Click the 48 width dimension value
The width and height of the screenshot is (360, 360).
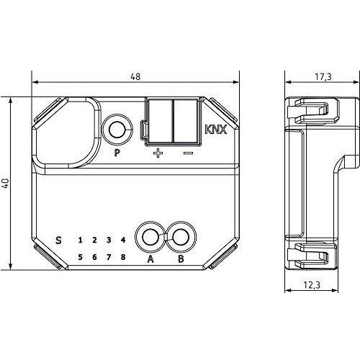135,76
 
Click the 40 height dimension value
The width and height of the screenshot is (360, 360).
6,184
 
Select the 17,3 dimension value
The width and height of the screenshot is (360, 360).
323,77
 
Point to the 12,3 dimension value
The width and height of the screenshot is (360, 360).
312,285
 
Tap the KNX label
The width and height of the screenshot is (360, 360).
216,130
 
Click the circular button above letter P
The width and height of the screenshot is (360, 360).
117,130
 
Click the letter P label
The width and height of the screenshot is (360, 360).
117,153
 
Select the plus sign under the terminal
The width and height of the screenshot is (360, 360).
158,153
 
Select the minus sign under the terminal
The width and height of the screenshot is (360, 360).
188,153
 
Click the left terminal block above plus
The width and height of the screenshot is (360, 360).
160,121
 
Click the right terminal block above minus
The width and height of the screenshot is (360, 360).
186,121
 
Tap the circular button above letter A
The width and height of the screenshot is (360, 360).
150,237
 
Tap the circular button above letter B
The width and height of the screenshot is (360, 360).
181,237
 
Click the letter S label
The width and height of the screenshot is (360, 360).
58,240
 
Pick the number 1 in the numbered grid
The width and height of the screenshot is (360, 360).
80,240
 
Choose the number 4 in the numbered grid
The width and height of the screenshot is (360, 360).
123,240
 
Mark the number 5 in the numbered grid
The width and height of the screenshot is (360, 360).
80,257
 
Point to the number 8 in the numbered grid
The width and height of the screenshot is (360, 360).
123,257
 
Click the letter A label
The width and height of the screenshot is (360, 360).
150,259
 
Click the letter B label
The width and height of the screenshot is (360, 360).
181,259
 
